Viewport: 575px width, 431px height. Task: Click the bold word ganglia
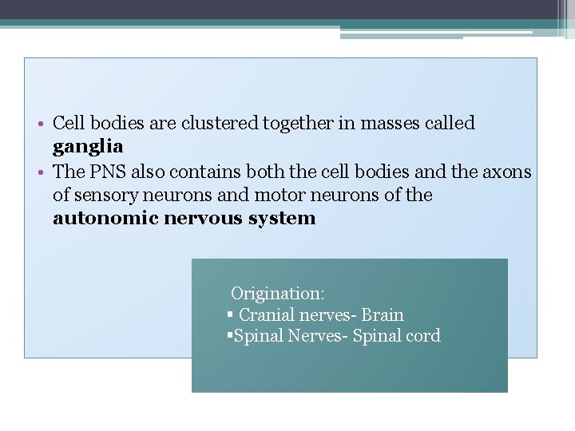(88, 147)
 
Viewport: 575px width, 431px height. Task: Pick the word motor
(277, 196)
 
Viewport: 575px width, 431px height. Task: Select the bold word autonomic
(105, 219)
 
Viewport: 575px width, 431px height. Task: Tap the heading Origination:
(277, 294)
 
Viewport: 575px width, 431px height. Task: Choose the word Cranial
(268, 315)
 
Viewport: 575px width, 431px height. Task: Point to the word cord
(423, 336)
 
